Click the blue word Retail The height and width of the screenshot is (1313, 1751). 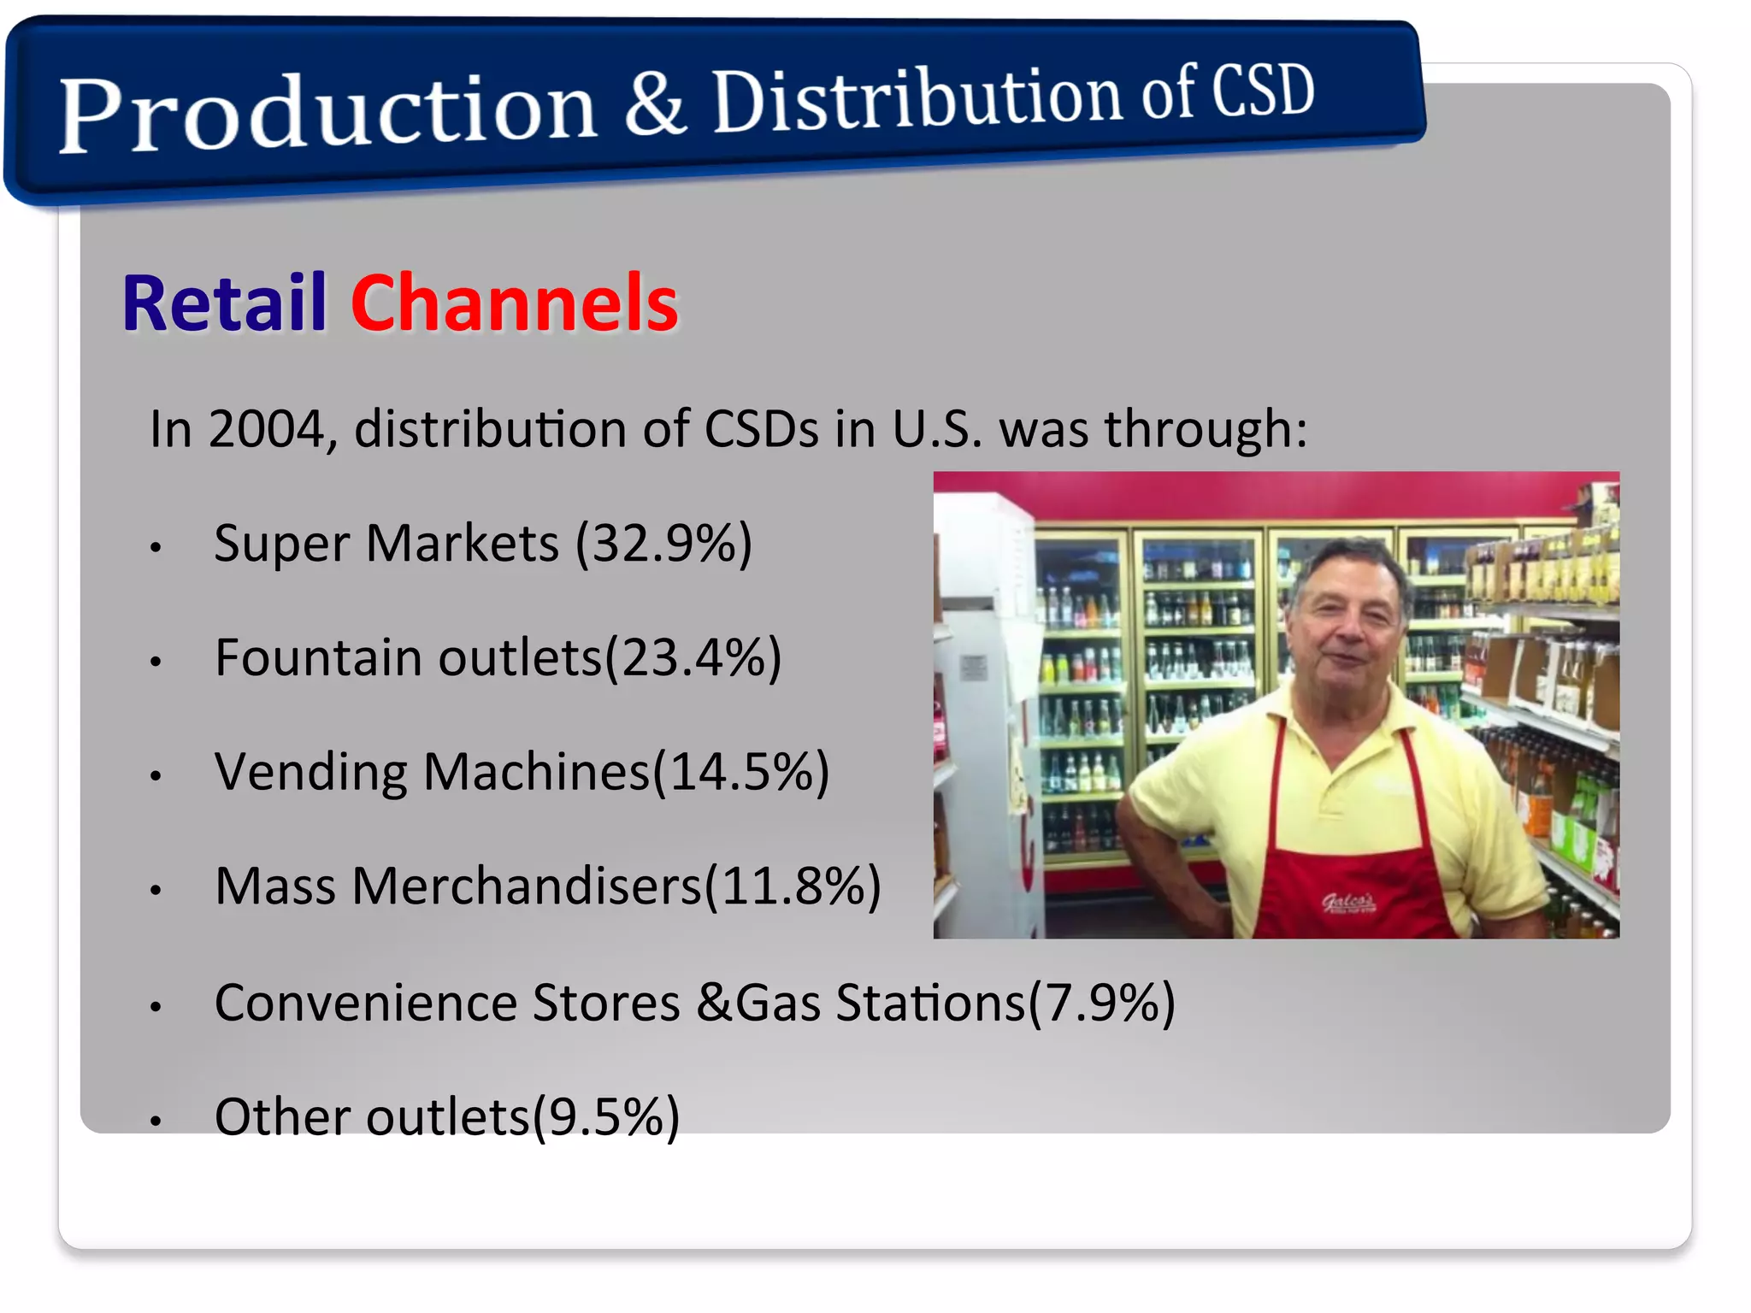(x=224, y=303)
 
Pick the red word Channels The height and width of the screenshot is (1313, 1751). (x=514, y=303)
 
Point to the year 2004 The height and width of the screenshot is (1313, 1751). (x=267, y=428)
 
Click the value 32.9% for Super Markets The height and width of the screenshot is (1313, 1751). (x=663, y=544)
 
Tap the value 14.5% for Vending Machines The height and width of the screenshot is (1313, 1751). (x=740, y=772)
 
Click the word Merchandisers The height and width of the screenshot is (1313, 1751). (x=527, y=886)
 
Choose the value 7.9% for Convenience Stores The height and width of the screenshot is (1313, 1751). (x=1102, y=1002)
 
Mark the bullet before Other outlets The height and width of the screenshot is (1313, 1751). (x=156, y=1121)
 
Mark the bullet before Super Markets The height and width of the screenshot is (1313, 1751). (x=156, y=547)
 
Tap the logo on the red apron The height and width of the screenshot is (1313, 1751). (x=1348, y=902)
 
